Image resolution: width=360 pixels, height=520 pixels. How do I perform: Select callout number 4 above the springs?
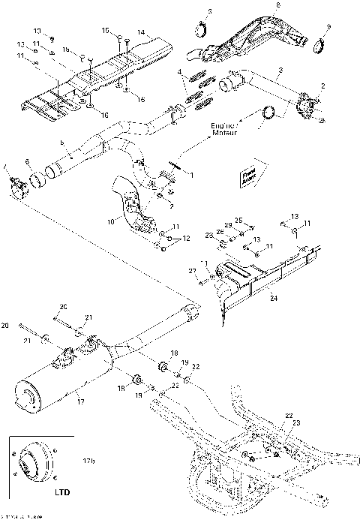(x=179, y=72)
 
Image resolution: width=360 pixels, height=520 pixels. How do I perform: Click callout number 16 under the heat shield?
(x=104, y=113)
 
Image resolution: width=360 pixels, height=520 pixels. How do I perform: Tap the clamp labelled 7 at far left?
(x=16, y=182)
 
